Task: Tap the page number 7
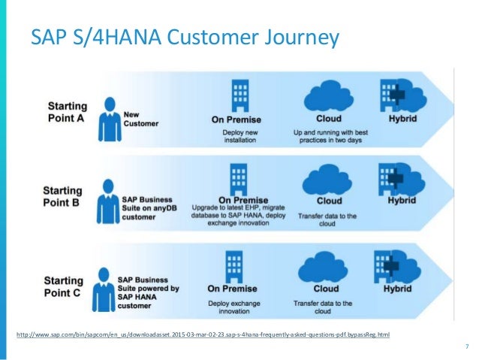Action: click(466, 346)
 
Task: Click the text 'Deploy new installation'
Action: click(239, 136)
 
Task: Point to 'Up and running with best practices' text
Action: click(329, 136)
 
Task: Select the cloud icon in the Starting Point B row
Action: click(328, 180)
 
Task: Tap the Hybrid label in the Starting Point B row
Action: click(402, 201)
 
